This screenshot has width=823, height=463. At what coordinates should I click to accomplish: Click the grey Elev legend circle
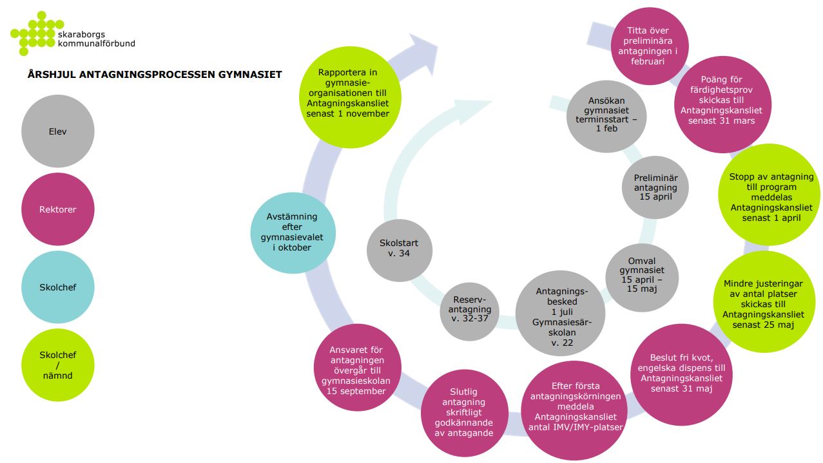click(58, 131)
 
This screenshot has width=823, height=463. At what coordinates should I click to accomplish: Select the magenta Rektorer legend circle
click(58, 209)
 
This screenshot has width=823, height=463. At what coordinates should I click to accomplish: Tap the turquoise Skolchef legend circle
click(58, 287)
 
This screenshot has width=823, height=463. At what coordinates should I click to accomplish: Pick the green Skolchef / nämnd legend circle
click(58, 364)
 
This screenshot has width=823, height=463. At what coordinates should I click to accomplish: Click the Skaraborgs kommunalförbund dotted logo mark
click(37, 33)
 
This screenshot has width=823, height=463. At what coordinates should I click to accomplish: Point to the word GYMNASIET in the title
click(250, 75)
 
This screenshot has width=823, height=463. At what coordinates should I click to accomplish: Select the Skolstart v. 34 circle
click(400, 250)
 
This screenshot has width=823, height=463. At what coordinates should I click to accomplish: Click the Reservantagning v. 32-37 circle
click(470, 312)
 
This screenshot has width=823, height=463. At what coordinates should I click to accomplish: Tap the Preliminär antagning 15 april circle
click(655, 187)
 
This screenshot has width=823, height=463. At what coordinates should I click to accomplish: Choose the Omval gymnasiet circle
click(642, 278)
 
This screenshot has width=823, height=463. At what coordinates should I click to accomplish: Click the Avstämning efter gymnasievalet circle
click(293, 232)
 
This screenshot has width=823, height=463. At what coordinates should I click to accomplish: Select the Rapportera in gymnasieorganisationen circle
click(350, 97)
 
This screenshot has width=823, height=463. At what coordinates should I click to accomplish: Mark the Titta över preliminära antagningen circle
click(650, 46)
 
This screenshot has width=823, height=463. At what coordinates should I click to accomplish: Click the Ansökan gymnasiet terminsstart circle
click(606, 117)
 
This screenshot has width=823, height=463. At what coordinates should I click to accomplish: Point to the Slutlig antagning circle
click(465, 413)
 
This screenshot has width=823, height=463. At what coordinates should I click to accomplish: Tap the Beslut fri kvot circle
click(682, 375)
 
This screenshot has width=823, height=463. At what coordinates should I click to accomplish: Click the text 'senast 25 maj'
click(763, 325)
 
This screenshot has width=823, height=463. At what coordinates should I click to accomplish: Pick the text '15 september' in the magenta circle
click(356, 392)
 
